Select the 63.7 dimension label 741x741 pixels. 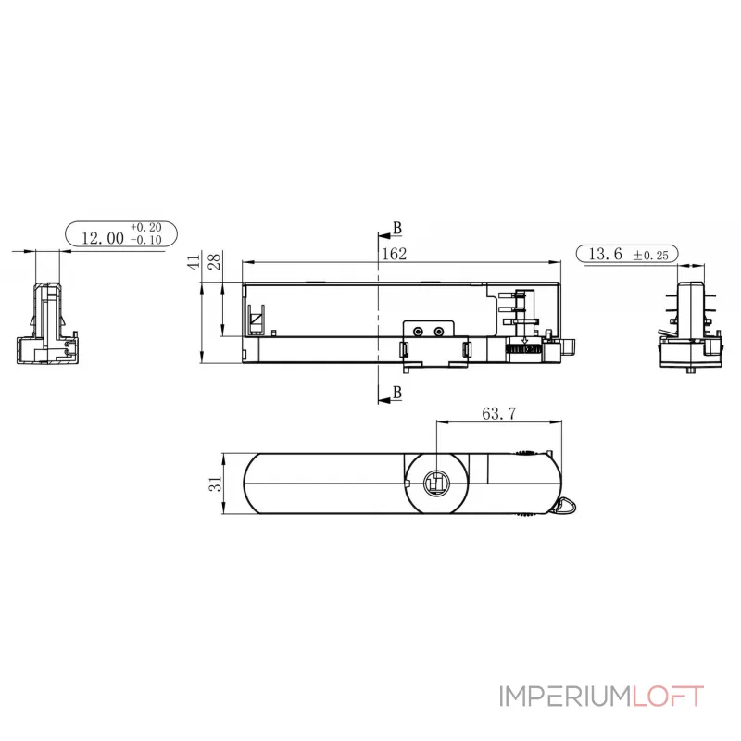click(x=498, y=414)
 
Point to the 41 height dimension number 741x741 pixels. click(x=194, y=262)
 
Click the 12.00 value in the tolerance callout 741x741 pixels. click(x=103, y=238)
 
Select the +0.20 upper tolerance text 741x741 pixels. click(x=145, y=227)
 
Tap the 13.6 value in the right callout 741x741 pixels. click(x=603, y=254)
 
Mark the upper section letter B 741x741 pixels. click(x=397, y=228)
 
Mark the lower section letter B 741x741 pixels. click(x=397, y=393)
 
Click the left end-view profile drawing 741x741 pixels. click(x=47, y=324)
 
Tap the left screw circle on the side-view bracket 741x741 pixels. click(x=420, y=331)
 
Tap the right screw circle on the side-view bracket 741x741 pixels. click(x=439, y=331)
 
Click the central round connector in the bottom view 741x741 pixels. click(x=435, y=483)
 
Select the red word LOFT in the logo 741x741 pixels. click(x=667, y=697)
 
